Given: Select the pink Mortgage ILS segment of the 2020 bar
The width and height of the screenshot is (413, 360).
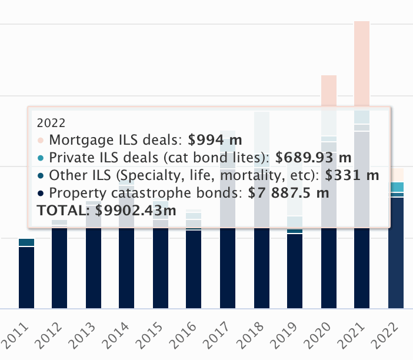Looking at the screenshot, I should [x=328, y=91].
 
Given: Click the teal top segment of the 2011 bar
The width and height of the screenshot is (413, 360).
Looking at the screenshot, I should [x=26, y=242].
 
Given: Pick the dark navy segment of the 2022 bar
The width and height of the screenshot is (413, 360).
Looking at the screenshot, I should [x=396, y=253].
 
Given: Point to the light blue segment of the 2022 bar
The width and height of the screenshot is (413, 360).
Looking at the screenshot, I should [x=396, y=187].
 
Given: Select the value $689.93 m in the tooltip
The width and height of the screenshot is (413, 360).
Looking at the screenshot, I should [x=313, y=158].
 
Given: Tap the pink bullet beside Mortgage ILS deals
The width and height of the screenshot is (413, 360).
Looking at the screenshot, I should [x=40, y=141].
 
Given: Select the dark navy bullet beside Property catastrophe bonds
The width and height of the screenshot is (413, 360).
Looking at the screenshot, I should [x=40, y=194].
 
